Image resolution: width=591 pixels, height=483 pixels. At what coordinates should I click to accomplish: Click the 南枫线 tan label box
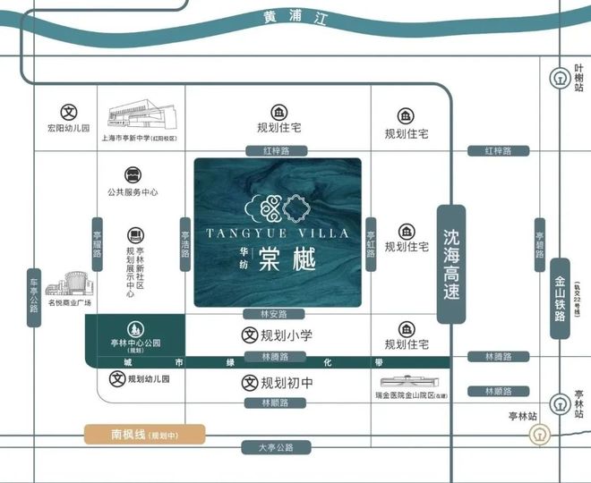(x=145, y=435)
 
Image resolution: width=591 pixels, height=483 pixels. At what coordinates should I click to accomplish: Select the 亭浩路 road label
(x=184, y=241)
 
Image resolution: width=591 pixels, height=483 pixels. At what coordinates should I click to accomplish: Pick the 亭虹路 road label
(x=370, y=241)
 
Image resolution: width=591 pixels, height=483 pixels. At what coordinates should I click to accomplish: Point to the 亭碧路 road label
(x=539, y=245)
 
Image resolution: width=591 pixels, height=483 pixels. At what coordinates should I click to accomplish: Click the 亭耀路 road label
(x=97, y=243)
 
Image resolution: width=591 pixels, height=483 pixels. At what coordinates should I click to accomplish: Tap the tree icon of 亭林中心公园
(x=134, y=328)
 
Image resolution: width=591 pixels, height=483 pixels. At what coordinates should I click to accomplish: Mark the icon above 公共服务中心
(x=133, y=173)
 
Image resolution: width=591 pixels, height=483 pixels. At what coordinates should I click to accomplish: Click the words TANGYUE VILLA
(x=277, y=234)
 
